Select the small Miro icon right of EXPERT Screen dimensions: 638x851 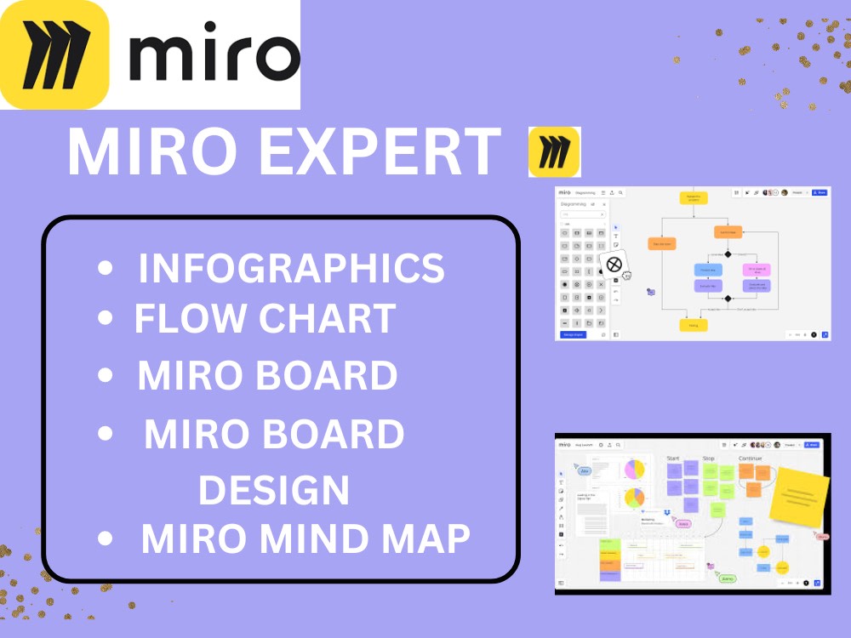554,152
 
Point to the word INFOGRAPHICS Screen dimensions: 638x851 291,268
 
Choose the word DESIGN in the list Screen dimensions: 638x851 274,489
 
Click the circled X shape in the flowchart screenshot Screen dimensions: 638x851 614,265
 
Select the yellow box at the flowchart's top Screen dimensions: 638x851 693,197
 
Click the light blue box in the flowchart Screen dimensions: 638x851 707,270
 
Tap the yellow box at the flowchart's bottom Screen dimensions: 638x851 693,325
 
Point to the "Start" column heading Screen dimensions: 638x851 673,459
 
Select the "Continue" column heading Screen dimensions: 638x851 751,459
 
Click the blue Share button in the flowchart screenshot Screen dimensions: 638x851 820,193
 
